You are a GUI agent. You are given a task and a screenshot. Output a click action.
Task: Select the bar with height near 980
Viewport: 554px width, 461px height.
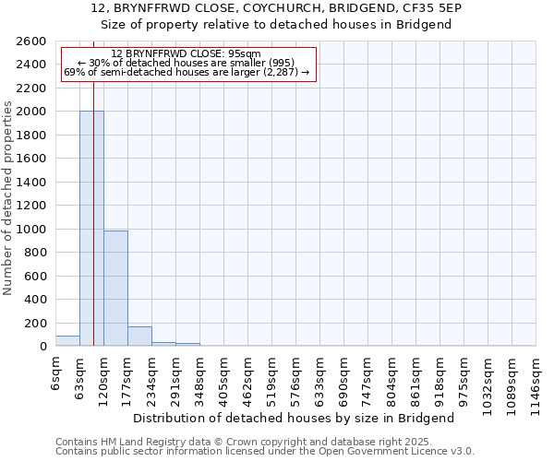pos(115,289)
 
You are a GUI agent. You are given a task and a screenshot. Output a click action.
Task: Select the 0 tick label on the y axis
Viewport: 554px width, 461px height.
pos(42,347)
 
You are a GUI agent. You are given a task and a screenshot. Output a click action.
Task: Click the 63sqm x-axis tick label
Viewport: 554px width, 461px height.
pos(79,376)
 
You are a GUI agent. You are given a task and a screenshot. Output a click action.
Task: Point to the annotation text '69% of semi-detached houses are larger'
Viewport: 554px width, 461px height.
pos(187,72)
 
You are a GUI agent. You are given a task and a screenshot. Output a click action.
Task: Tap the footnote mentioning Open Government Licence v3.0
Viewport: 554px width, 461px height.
pos(265,451)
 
